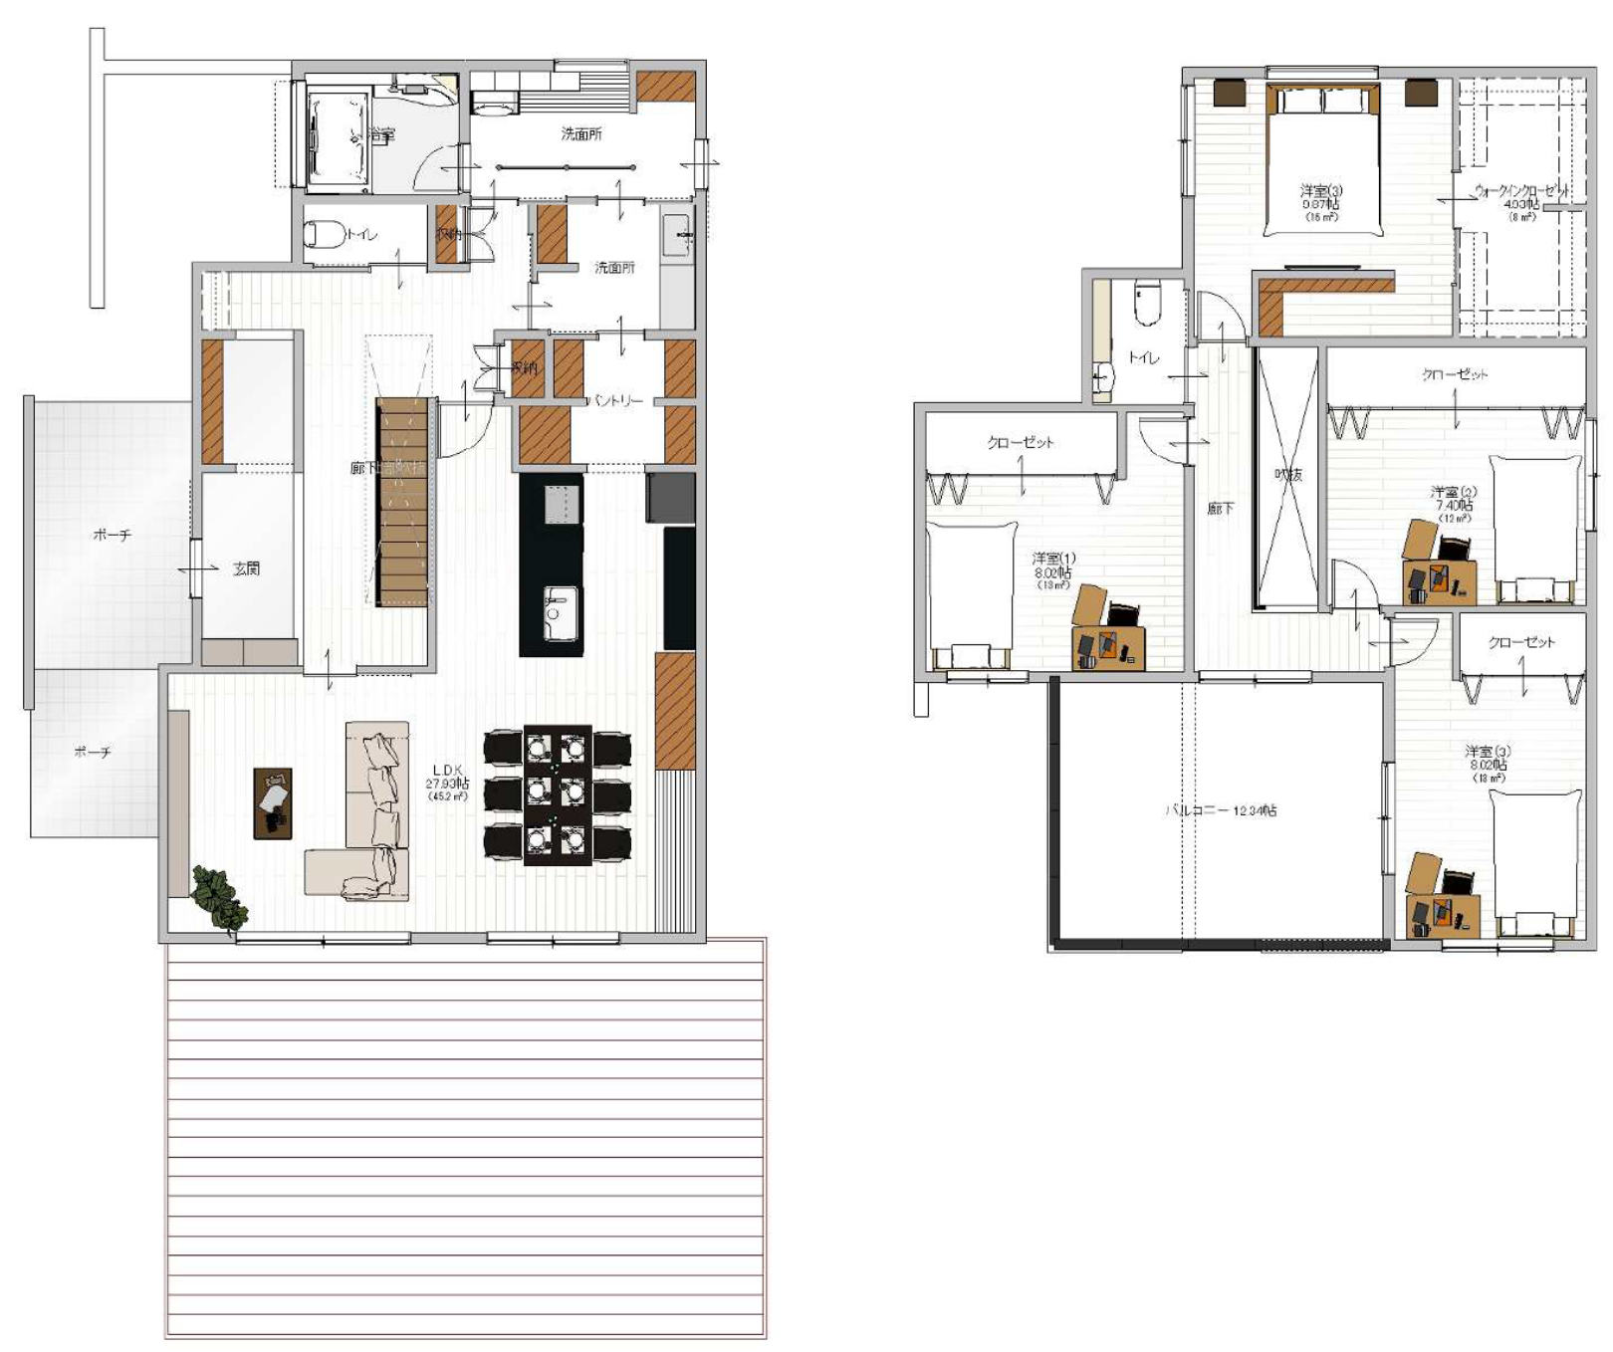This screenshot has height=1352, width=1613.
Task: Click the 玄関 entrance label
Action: coord(246,568)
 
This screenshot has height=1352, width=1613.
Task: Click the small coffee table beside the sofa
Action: coord(273,802)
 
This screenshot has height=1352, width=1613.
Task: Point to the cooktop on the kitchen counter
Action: coord(562,503)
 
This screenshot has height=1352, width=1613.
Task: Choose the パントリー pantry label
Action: coord(617,400)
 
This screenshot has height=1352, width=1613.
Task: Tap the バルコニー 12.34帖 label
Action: coord(1221,810)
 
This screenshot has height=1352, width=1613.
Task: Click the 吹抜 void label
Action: coord(1288,475)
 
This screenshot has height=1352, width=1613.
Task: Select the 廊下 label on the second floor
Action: coord(1221,509)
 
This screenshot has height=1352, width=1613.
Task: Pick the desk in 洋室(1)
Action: coord(1108,645)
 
